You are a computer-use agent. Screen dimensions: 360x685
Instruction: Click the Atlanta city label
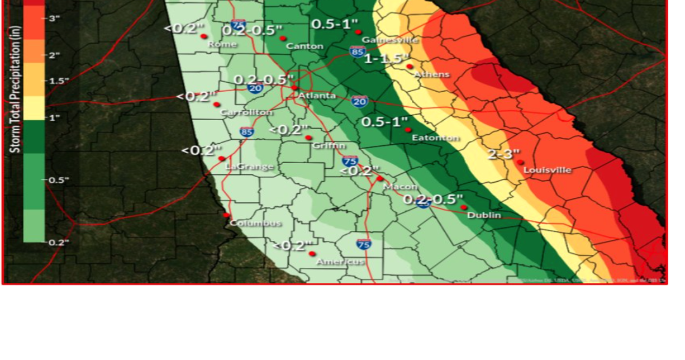(317, 96)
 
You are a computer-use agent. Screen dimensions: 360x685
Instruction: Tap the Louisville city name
(548, 169)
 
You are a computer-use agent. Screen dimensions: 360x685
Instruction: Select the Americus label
(340, 262)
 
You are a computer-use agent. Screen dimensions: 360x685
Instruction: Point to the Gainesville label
(390, 40)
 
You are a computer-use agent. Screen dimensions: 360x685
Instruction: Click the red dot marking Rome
(204, 36)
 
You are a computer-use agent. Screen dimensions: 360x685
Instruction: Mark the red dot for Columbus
(226, 215)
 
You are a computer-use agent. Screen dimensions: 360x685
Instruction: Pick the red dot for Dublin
(464, 207)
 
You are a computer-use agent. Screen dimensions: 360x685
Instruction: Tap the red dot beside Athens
(410, 67)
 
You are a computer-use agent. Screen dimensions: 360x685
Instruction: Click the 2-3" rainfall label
(503, 154)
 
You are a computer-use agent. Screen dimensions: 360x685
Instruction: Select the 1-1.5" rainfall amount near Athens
(387, 58)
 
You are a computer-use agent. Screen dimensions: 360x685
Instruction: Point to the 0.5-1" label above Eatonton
(385, 121)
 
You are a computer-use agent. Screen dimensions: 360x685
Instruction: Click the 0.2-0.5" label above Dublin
(433, 199)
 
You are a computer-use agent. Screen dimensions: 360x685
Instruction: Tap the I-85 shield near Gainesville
(358, 51)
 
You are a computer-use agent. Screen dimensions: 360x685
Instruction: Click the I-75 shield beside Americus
(363, 244)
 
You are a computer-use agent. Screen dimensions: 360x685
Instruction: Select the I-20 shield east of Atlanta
(360, 101)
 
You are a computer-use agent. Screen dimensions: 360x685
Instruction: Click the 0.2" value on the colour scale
(58, 242)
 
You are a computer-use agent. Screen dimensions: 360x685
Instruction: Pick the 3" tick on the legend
(55, 18)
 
